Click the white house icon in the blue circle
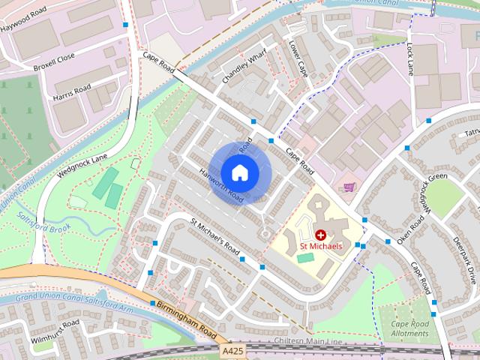pos(239,172)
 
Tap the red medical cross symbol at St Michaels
pos(321,235)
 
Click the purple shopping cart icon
pos(348,187)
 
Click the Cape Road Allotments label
pos(410,328)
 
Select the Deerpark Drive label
pos(464,262)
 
